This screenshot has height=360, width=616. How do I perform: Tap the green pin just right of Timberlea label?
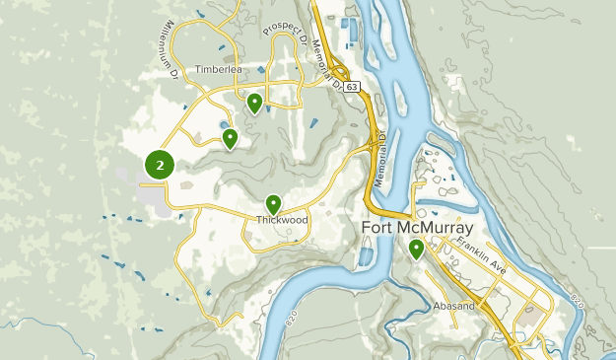(255, 102)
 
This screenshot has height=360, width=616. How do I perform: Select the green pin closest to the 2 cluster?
(230, 138)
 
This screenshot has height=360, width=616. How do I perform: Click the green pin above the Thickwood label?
(274, 203)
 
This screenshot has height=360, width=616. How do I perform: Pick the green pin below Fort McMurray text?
(417, 249)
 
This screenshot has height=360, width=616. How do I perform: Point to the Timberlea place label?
(218, 70)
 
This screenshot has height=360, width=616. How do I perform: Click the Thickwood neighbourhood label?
(283, 220)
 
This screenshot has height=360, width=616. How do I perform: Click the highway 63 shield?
(352, 88)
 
